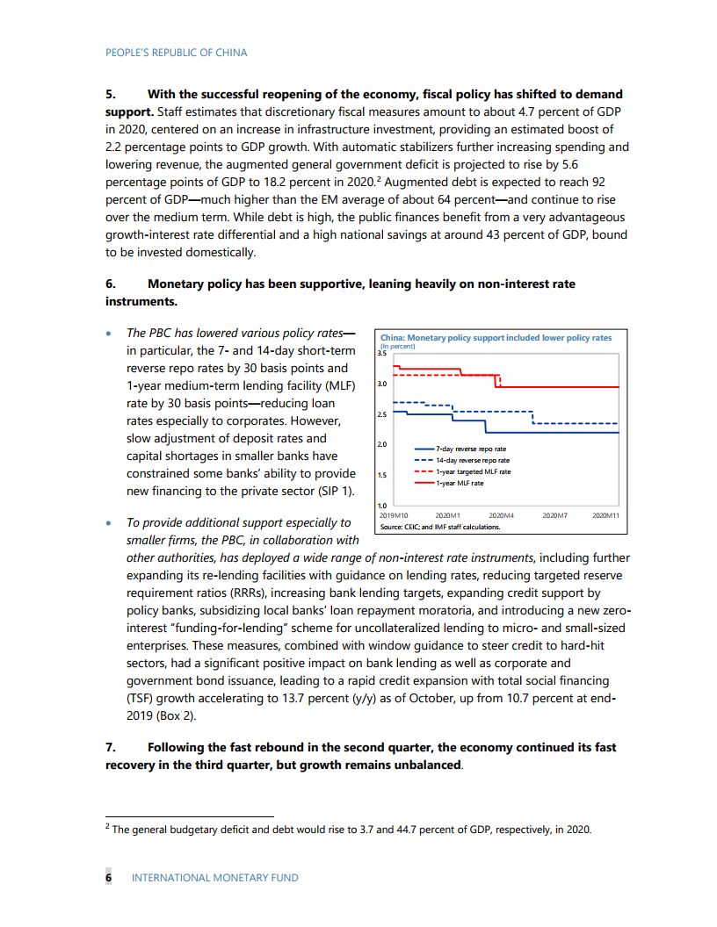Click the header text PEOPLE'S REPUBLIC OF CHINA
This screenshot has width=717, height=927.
(x=176, y=53)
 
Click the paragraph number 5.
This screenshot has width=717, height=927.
(x=110, y=94)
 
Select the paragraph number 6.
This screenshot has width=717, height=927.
(x=110, y=284)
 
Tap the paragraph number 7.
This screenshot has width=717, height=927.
(x=110, y=747)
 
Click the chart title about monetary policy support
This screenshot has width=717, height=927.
(x=496, y=338)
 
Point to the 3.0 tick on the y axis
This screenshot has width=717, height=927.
(x=380, y=384)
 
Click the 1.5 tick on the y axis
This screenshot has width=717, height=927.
(x=380, y=476)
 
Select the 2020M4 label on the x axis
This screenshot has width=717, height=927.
(x=501, y=515)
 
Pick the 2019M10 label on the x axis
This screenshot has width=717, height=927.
(x=394, y=515)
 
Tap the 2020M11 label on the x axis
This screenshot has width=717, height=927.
(x=605, y=515)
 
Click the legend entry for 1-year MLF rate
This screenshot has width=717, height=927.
(x=460, y=483)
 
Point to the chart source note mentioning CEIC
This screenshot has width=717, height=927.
(x=439, y=528)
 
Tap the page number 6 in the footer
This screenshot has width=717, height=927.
(x=109, y=878)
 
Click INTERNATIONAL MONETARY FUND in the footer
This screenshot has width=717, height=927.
(x=214, y=878)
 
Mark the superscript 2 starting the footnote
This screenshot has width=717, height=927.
(x=107, y=826)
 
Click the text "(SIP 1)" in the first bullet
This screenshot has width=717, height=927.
(x=336, y=491)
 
